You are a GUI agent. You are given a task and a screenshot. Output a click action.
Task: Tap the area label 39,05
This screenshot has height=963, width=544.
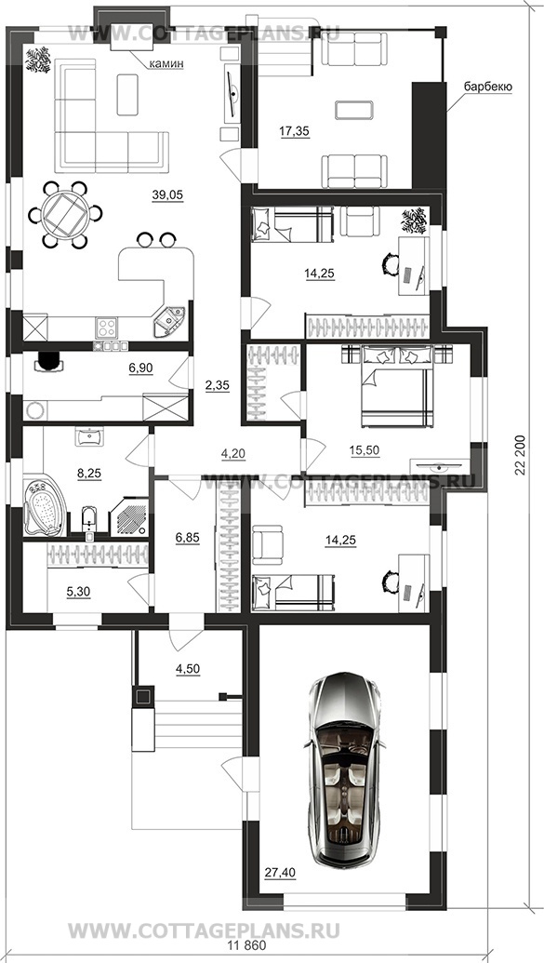tap(167, 194)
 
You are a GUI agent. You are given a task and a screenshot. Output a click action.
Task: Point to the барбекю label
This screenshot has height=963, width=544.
tap(487, 87)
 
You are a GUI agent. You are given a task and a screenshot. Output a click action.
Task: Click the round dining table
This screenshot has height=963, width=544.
tap(66, 214)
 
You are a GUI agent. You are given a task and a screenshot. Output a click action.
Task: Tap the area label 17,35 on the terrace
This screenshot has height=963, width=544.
tap(294, 130)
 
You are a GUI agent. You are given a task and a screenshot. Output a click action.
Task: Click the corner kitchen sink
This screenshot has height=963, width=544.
tap(171, 320)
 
